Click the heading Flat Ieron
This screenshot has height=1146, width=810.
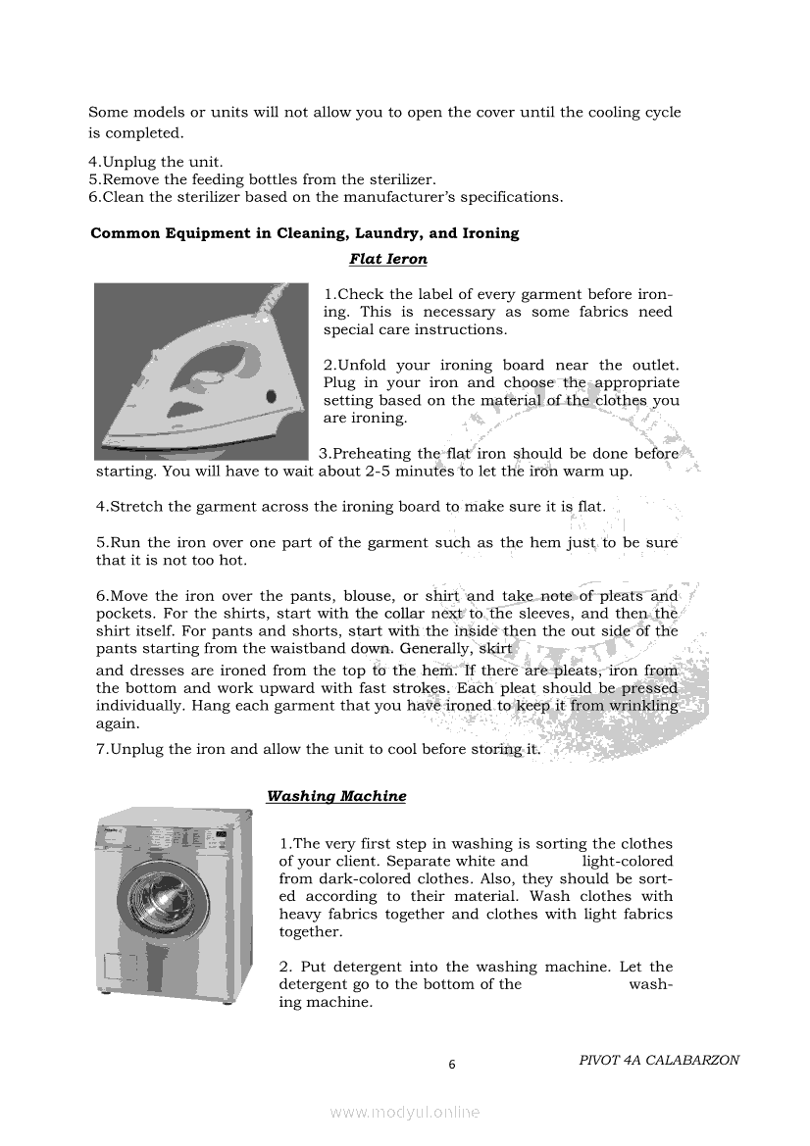click(387, 260)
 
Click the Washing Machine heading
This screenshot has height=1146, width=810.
click(336, 796)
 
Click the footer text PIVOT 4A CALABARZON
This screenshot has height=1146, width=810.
click(659, 1060)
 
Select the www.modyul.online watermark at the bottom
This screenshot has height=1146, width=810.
click(405, 1113)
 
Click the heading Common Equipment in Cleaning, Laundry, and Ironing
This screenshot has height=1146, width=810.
click(304, 233)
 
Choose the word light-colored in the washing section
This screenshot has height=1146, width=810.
click(627, 862)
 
